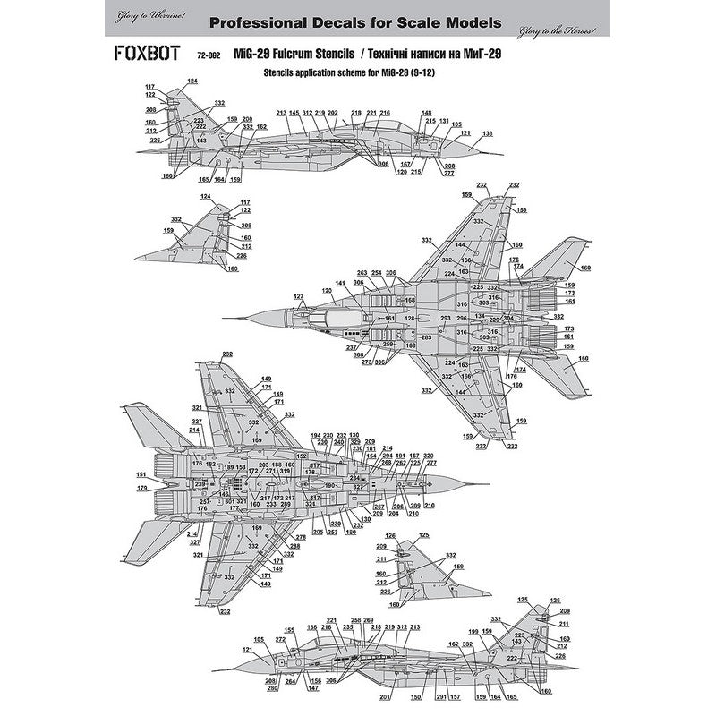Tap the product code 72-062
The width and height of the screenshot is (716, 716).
tap(209, 55)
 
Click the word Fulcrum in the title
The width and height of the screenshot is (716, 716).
tap(303, 54)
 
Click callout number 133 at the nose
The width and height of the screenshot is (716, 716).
tap(487, 134)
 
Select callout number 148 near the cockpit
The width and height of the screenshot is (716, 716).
tap(426, 113)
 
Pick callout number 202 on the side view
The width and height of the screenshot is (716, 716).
tap(332, 113)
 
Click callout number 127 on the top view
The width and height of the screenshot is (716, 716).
tap(299, 296)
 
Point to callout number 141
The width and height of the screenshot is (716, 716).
tap(340, 284)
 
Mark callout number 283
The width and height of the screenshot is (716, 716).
tap(427, 337)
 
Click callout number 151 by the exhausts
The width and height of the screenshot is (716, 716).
tap(141, 474)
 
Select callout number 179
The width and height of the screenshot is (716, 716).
tap(141, 488)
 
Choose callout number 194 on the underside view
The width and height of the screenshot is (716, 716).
tap(316, 435)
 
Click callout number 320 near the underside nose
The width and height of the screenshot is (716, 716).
tap(428, 456)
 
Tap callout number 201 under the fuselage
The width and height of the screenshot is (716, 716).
tap(385, 697)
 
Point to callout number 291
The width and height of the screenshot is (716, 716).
tap(440, 697)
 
